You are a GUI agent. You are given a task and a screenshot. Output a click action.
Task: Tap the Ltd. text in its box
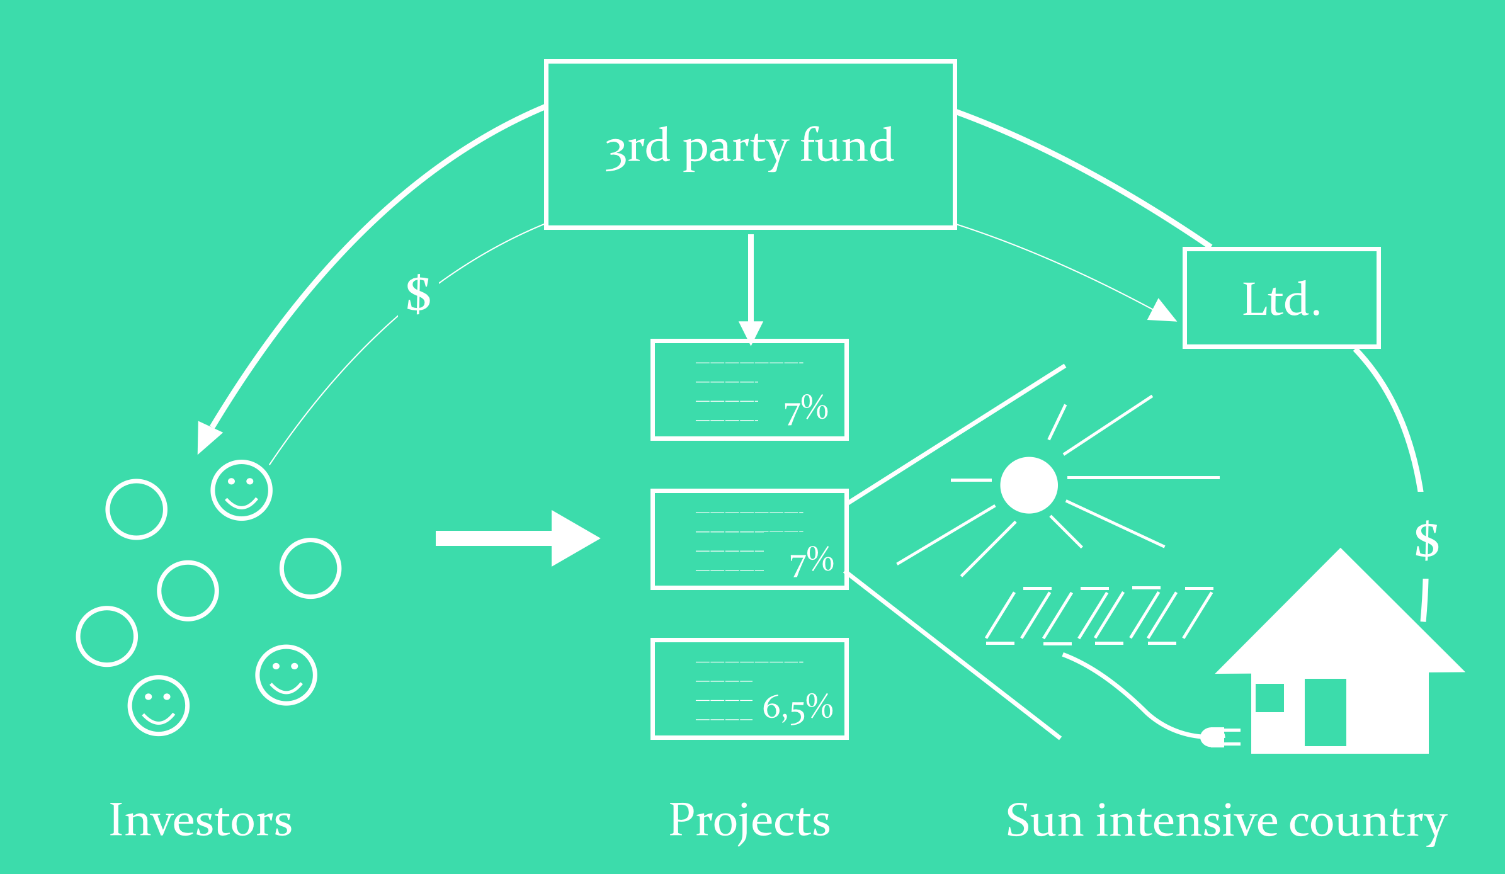tap(1281, 299)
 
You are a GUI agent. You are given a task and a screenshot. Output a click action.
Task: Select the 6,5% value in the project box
tap(798, 707)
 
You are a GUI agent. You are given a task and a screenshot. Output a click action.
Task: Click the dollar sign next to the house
tap(1427, 540)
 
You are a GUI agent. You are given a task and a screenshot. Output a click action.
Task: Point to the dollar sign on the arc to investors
tap(419, 294)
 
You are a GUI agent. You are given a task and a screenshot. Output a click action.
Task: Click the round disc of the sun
tap(1029, 485)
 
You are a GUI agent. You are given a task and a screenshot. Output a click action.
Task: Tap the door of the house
tap(1325, 712)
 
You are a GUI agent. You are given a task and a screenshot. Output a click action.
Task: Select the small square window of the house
tap(1269, 698)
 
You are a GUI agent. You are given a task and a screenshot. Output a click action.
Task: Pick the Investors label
tap(201, 820)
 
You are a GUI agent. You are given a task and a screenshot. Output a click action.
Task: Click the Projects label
tap(749, 822)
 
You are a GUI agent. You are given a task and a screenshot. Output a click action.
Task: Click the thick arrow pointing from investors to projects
tap(518, 538)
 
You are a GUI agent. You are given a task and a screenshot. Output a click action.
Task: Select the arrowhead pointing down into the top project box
tap(751, 332)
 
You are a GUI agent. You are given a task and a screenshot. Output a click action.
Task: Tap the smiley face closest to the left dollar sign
tap(242, 490)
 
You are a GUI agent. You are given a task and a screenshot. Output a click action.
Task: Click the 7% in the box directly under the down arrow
tap(806, 409)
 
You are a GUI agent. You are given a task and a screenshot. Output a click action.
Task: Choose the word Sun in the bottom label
tap(1045, 821)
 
